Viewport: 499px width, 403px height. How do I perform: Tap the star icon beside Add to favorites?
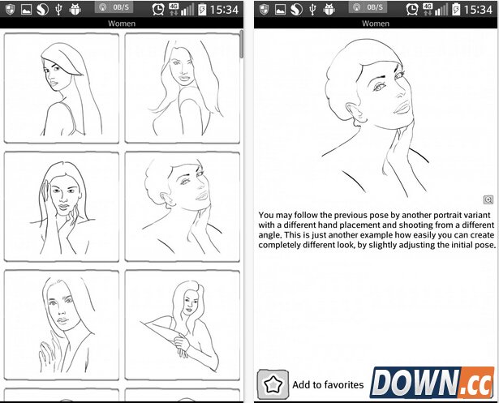tap(273, 384)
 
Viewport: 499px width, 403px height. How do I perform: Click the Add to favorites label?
tap(328, 385)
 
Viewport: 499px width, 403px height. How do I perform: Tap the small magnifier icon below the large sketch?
tap(488, 199)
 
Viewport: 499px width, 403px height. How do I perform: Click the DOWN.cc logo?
tap(432, 383)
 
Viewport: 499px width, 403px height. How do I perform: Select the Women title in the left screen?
tap(122, 24)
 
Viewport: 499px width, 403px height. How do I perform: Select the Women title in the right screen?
tap(376, 24)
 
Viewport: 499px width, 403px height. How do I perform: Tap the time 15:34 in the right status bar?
tap(478, 10)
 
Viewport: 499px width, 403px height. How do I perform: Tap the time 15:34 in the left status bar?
tap(224, 10)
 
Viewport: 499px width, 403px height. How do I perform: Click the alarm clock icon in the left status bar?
tap(158, 10)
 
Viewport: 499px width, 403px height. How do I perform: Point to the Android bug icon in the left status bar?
tap(75, 10)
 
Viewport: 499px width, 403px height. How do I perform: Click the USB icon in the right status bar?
tap(312, 10)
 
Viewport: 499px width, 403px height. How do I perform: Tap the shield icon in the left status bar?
tap(11, 10)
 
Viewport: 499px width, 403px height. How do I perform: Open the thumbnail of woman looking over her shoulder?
tap(62, 88)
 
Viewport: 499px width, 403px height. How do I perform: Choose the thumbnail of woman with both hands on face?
tap(62, 207)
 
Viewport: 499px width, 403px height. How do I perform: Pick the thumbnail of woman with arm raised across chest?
tap(183, 325)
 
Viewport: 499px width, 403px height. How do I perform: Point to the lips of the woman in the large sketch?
tap(402, 108)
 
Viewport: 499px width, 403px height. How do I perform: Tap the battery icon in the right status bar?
tap(456, 10)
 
